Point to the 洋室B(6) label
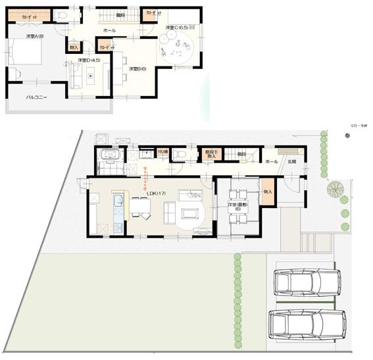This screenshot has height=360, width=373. click(x=136, y=68)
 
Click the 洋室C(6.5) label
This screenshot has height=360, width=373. click(x=176, y=28)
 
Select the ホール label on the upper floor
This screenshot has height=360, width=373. click(x=109, y=30)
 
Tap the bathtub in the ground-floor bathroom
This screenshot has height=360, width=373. click(x=107, y=157)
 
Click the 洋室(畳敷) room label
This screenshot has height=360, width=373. click(x=237, y=206)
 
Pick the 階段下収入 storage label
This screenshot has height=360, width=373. click(x=211, y=155)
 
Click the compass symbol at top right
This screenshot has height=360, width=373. click(x=347, y=135)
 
